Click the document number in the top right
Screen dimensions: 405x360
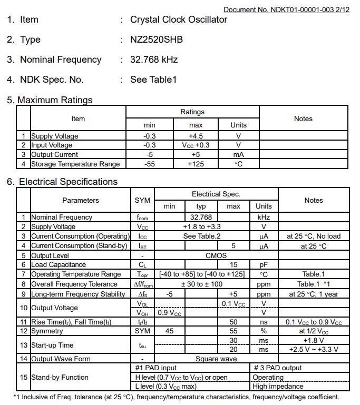tap(286, 10)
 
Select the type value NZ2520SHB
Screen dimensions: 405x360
tap(157, 39)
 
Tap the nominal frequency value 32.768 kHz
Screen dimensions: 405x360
tap(154, 60)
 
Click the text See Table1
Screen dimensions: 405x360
tap(153, 80)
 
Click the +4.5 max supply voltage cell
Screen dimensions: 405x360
tap(196, 136)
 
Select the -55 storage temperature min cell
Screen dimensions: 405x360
tap(150, 164)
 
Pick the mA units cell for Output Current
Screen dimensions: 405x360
tap(238, 154)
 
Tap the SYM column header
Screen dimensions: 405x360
tap(142, 200)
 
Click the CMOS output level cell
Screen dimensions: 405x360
tap(216, 255)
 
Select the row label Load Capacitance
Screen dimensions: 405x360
tap(59, 264)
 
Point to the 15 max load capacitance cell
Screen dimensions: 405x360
tap(233, 264)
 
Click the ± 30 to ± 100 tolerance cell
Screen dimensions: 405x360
tap(201, 284)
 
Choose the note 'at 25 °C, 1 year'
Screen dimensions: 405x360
tap(314, 294)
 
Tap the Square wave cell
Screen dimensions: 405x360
tap(216, 359)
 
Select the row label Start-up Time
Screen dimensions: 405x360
tap(52, 345)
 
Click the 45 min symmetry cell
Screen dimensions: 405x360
tap(169, 331)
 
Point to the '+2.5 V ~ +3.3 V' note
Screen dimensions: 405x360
tap(314, 349)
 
